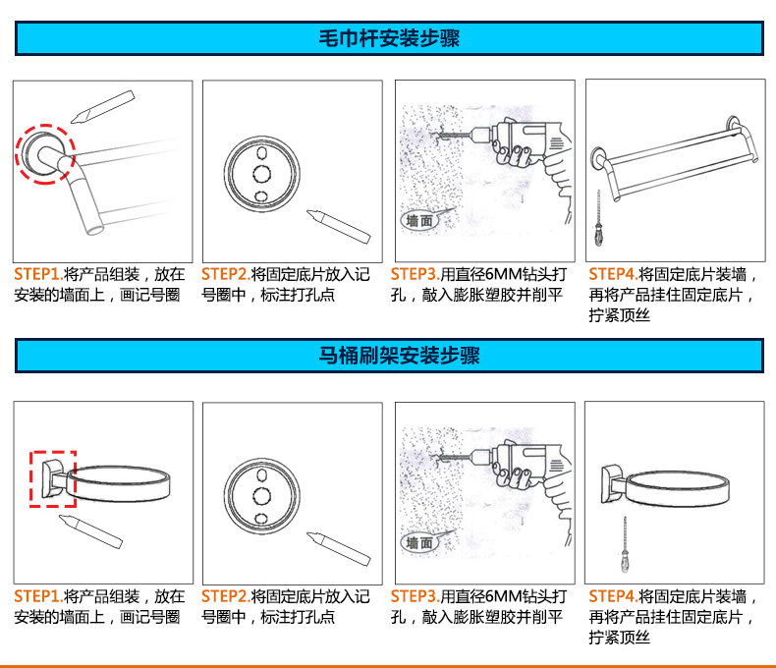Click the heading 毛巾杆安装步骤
coord(389,38)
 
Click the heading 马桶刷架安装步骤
coord(389,356)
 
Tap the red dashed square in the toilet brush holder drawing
coord(52,478)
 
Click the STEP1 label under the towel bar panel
coord(37,274)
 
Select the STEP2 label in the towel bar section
coord(225,274)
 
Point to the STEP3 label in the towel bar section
coord(414,274)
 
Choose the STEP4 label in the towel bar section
coord(612,274)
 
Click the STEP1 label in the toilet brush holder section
coord(37,596)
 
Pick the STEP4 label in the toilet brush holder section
coord(612,596)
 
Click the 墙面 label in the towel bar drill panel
coord(419,221)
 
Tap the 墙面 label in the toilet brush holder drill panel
coord(419,543)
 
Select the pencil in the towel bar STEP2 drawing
coord(338,225)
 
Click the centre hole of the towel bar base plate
coord(261,173)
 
